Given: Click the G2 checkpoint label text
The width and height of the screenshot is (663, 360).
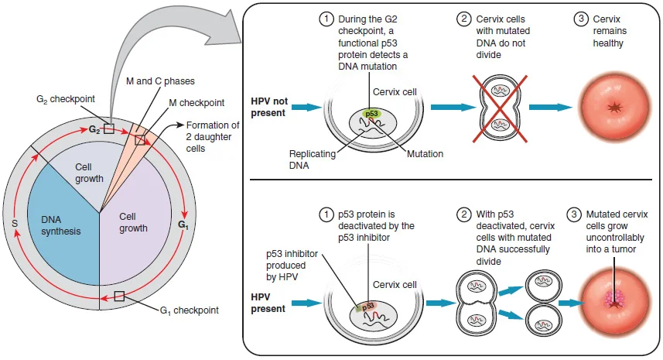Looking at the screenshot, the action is click(x=66, y=99).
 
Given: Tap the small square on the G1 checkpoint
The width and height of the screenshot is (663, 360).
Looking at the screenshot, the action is click(x=119, y=296).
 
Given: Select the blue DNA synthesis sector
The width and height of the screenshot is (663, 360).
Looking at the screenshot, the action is click(x=63, y=228).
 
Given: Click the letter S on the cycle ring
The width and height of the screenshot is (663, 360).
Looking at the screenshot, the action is click(x=15, y=224).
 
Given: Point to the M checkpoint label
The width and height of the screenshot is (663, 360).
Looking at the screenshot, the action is click(x=197, y=103).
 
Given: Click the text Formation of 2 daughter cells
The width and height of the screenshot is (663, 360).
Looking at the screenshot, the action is click(x=213, y=137).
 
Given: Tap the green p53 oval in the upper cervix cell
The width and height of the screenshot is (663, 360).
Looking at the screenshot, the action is click(x=371, y=113).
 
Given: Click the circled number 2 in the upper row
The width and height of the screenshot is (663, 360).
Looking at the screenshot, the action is click(x=464, y=19).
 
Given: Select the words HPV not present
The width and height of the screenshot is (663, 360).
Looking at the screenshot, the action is click(x=269, y=107).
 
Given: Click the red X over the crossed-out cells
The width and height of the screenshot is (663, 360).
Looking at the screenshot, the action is click(x=500, y=108).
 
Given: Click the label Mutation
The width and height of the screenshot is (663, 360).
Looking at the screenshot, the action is click(x=425, y=154).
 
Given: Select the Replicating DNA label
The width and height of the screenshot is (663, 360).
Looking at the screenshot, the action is click(x=312, y=159).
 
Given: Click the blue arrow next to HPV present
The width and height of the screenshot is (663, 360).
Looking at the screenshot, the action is click(x=306, y=303).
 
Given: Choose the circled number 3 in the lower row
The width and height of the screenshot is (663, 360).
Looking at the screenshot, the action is click(x=574, y=214).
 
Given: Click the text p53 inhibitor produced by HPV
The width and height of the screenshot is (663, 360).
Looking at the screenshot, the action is click(x=292, y=266).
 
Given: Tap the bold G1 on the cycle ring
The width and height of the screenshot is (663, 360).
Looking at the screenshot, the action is click(x=183, y=225).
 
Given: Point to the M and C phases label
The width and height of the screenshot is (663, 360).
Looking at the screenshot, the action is click(x=160, y=81).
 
